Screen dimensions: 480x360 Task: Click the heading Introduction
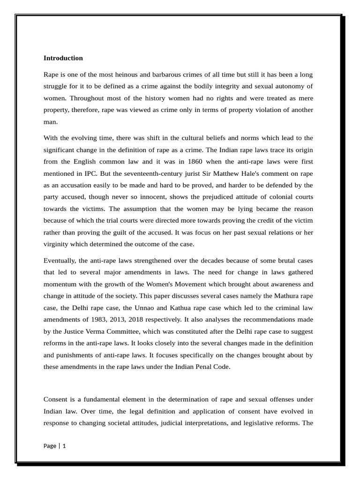(x=63, y=58)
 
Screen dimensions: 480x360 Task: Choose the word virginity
(x=57, y=244)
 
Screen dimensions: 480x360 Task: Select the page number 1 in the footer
(x=64, y=446)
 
